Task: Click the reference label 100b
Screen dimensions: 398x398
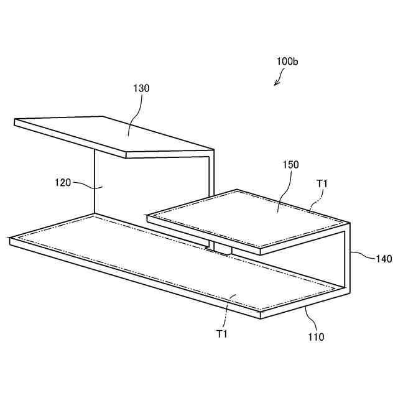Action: tap(287, 62)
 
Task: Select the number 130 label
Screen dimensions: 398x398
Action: tap(141, 88)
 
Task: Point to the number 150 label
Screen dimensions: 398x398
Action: tap(290, 165)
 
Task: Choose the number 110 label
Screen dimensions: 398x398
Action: tap(316, 337)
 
